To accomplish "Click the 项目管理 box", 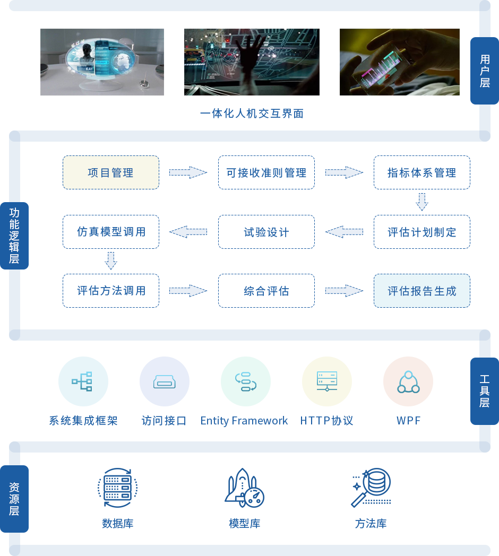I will pyautogui.click(x=110, y=172).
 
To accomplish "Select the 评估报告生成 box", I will pyautogui.click(x=421, y=291).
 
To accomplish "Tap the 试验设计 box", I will pyautogui.click(x=266, y=232).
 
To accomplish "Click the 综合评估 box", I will pyautogui.click(x=266, y=291).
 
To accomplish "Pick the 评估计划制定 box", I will pyautogui.click(x=421, y=232).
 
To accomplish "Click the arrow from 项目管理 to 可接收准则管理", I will pyautogui.click(x=188, y=172).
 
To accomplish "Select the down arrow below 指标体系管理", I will pyautogui.click(x=421, y=202).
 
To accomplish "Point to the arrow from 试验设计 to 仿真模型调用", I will pyautogui.click(x=188, y=232).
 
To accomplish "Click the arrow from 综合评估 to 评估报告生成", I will pyautogui.click(x=344, y=291).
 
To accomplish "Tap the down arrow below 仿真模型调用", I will pyautogui.click(x=110, y=261).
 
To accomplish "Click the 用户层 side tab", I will pyautogui.click(x=484, y=71).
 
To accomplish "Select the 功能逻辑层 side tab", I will pyautogui.click(x=14, y=236).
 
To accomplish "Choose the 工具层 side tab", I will pyautogui.click(x=484, y=391).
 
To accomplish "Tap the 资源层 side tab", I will pyautogui.click(x=14, y=499).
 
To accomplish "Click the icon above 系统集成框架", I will pyautogui.click(x=83, y=381).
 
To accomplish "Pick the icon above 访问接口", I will pyautogui.click(x=164, y=381).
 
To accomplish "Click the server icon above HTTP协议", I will pyautogui.click(x=326, y=381).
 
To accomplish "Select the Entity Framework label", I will pyautogui.click(x=245, y=421).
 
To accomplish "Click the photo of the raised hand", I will pyautogui.click(x=252, y=62).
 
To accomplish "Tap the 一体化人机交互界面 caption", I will pyautogui.click(x=252, y=113).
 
